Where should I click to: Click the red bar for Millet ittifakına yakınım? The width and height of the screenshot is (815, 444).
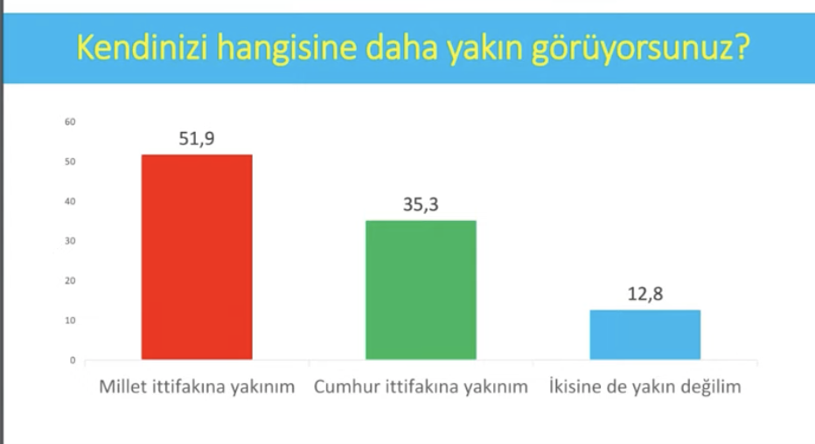(x=197, y=257)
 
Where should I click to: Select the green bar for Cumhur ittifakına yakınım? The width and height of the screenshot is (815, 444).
(x=421, y=290)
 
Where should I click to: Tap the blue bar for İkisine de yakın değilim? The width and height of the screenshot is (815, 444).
(x=645, y=335)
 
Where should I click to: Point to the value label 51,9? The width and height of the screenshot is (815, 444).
(x=197, y=139)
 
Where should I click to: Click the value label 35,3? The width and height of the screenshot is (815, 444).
(x=421, y=205)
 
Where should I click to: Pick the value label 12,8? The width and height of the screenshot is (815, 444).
(x=645, y=294)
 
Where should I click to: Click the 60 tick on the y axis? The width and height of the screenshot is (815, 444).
(x=70, y=122)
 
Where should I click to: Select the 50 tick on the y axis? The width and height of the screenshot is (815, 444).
(x=70, y=162)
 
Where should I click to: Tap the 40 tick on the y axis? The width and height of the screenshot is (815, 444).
(x=70, y=202)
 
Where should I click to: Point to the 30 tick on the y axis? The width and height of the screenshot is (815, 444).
(x=70, y=241)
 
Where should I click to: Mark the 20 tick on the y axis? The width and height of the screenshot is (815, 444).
(x=70, y=281)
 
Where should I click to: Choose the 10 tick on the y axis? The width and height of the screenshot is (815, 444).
(x=70, y=321)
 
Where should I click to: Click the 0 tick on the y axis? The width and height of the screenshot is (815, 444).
(x=73, y=360)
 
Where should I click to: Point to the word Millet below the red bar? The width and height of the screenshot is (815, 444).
(x=122, y=387)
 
